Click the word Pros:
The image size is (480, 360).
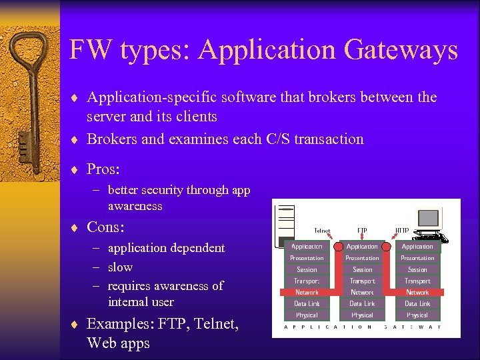coord(103,169)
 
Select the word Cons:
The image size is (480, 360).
coord(105,227)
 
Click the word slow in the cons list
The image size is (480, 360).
coord(120,267)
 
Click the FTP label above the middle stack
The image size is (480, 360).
coord(362,231)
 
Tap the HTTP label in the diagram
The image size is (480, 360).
coord(402,231)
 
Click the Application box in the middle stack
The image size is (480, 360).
coord(362,247)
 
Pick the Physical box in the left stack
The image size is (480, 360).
coord(307,315)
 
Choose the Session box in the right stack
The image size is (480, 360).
coord(417,270)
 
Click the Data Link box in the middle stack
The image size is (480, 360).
coord(362,303)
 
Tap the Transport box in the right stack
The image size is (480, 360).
coord(417,281)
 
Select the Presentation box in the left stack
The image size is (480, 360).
coord(307,258)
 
